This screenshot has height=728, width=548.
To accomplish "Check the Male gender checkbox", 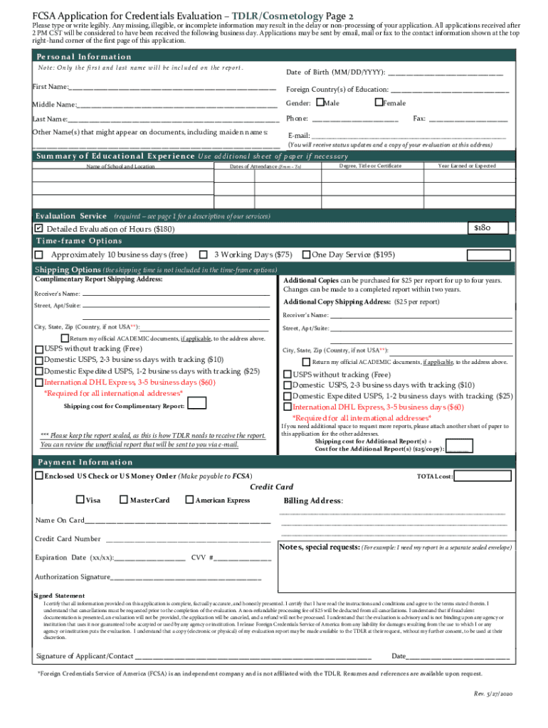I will click(x=318, y=103).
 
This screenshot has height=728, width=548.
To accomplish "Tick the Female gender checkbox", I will click(x=378, y=103).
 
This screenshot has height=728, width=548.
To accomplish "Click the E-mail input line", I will click(x=409, y=136).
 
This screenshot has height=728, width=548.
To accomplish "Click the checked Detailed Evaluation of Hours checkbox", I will click(x=39, y=229).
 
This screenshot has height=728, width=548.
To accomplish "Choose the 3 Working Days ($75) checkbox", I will click(x=204, y=255).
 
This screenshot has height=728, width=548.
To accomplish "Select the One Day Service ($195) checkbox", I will click(x=306, y=255).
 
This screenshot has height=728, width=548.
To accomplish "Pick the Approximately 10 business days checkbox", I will click(x=39, y=255).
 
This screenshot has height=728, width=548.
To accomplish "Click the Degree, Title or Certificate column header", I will click(x=370, y=166).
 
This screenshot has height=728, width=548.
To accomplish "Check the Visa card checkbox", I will click(x=80, y=500).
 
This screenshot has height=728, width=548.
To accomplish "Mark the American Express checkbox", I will click(x=189, y=500).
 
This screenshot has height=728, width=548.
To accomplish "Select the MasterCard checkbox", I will click(x=124, y=500).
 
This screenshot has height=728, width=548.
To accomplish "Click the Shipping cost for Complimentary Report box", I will click(x=197, y=404).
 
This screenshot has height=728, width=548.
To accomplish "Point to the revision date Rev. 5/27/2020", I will click(x=492, y=693).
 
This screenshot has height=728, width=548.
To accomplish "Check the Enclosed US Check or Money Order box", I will click(x=39, y=476).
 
